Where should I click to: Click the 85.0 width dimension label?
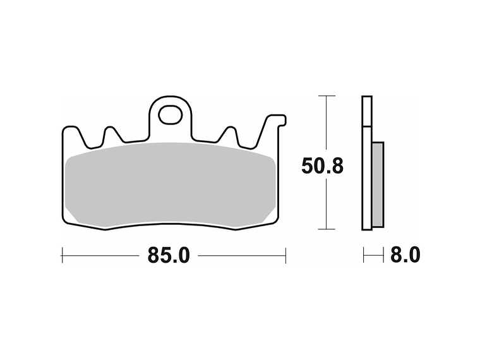[169, 256]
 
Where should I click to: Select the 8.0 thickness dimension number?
[404, 256]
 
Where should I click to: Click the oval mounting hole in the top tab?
[169, 114]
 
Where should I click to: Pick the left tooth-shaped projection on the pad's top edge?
[112, 134]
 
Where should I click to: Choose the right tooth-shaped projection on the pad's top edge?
[229, 135]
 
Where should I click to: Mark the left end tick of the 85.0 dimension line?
[61, 256]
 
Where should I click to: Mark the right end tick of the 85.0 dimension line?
[286, 256]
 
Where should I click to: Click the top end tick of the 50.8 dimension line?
[326, 96]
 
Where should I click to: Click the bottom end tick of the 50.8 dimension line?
[326, 229]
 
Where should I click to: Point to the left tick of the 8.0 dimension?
[364, 256]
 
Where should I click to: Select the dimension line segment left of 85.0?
[101, 256]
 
